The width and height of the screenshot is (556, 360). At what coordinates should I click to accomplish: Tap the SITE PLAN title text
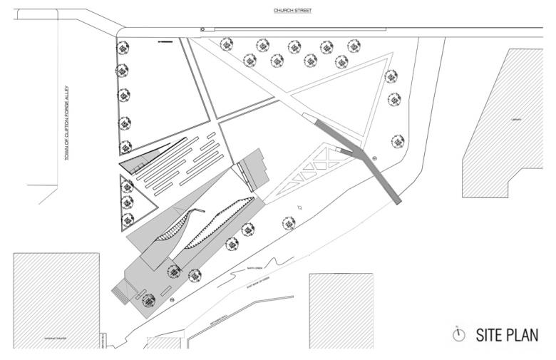[x=506, y=334]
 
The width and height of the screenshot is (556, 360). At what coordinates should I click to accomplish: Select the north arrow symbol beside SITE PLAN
[x=460, y=334]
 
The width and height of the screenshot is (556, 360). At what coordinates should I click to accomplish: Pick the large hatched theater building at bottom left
[x=56, y=299]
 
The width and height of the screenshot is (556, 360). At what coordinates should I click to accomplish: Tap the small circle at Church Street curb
[x=202, y=29]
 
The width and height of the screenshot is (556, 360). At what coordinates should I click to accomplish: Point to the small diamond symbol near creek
[x=301, y=207]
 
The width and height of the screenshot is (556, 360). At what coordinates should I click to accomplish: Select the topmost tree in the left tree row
[x=123, y=47]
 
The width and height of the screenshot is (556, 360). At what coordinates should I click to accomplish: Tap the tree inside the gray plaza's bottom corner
[x=148, y=299]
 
